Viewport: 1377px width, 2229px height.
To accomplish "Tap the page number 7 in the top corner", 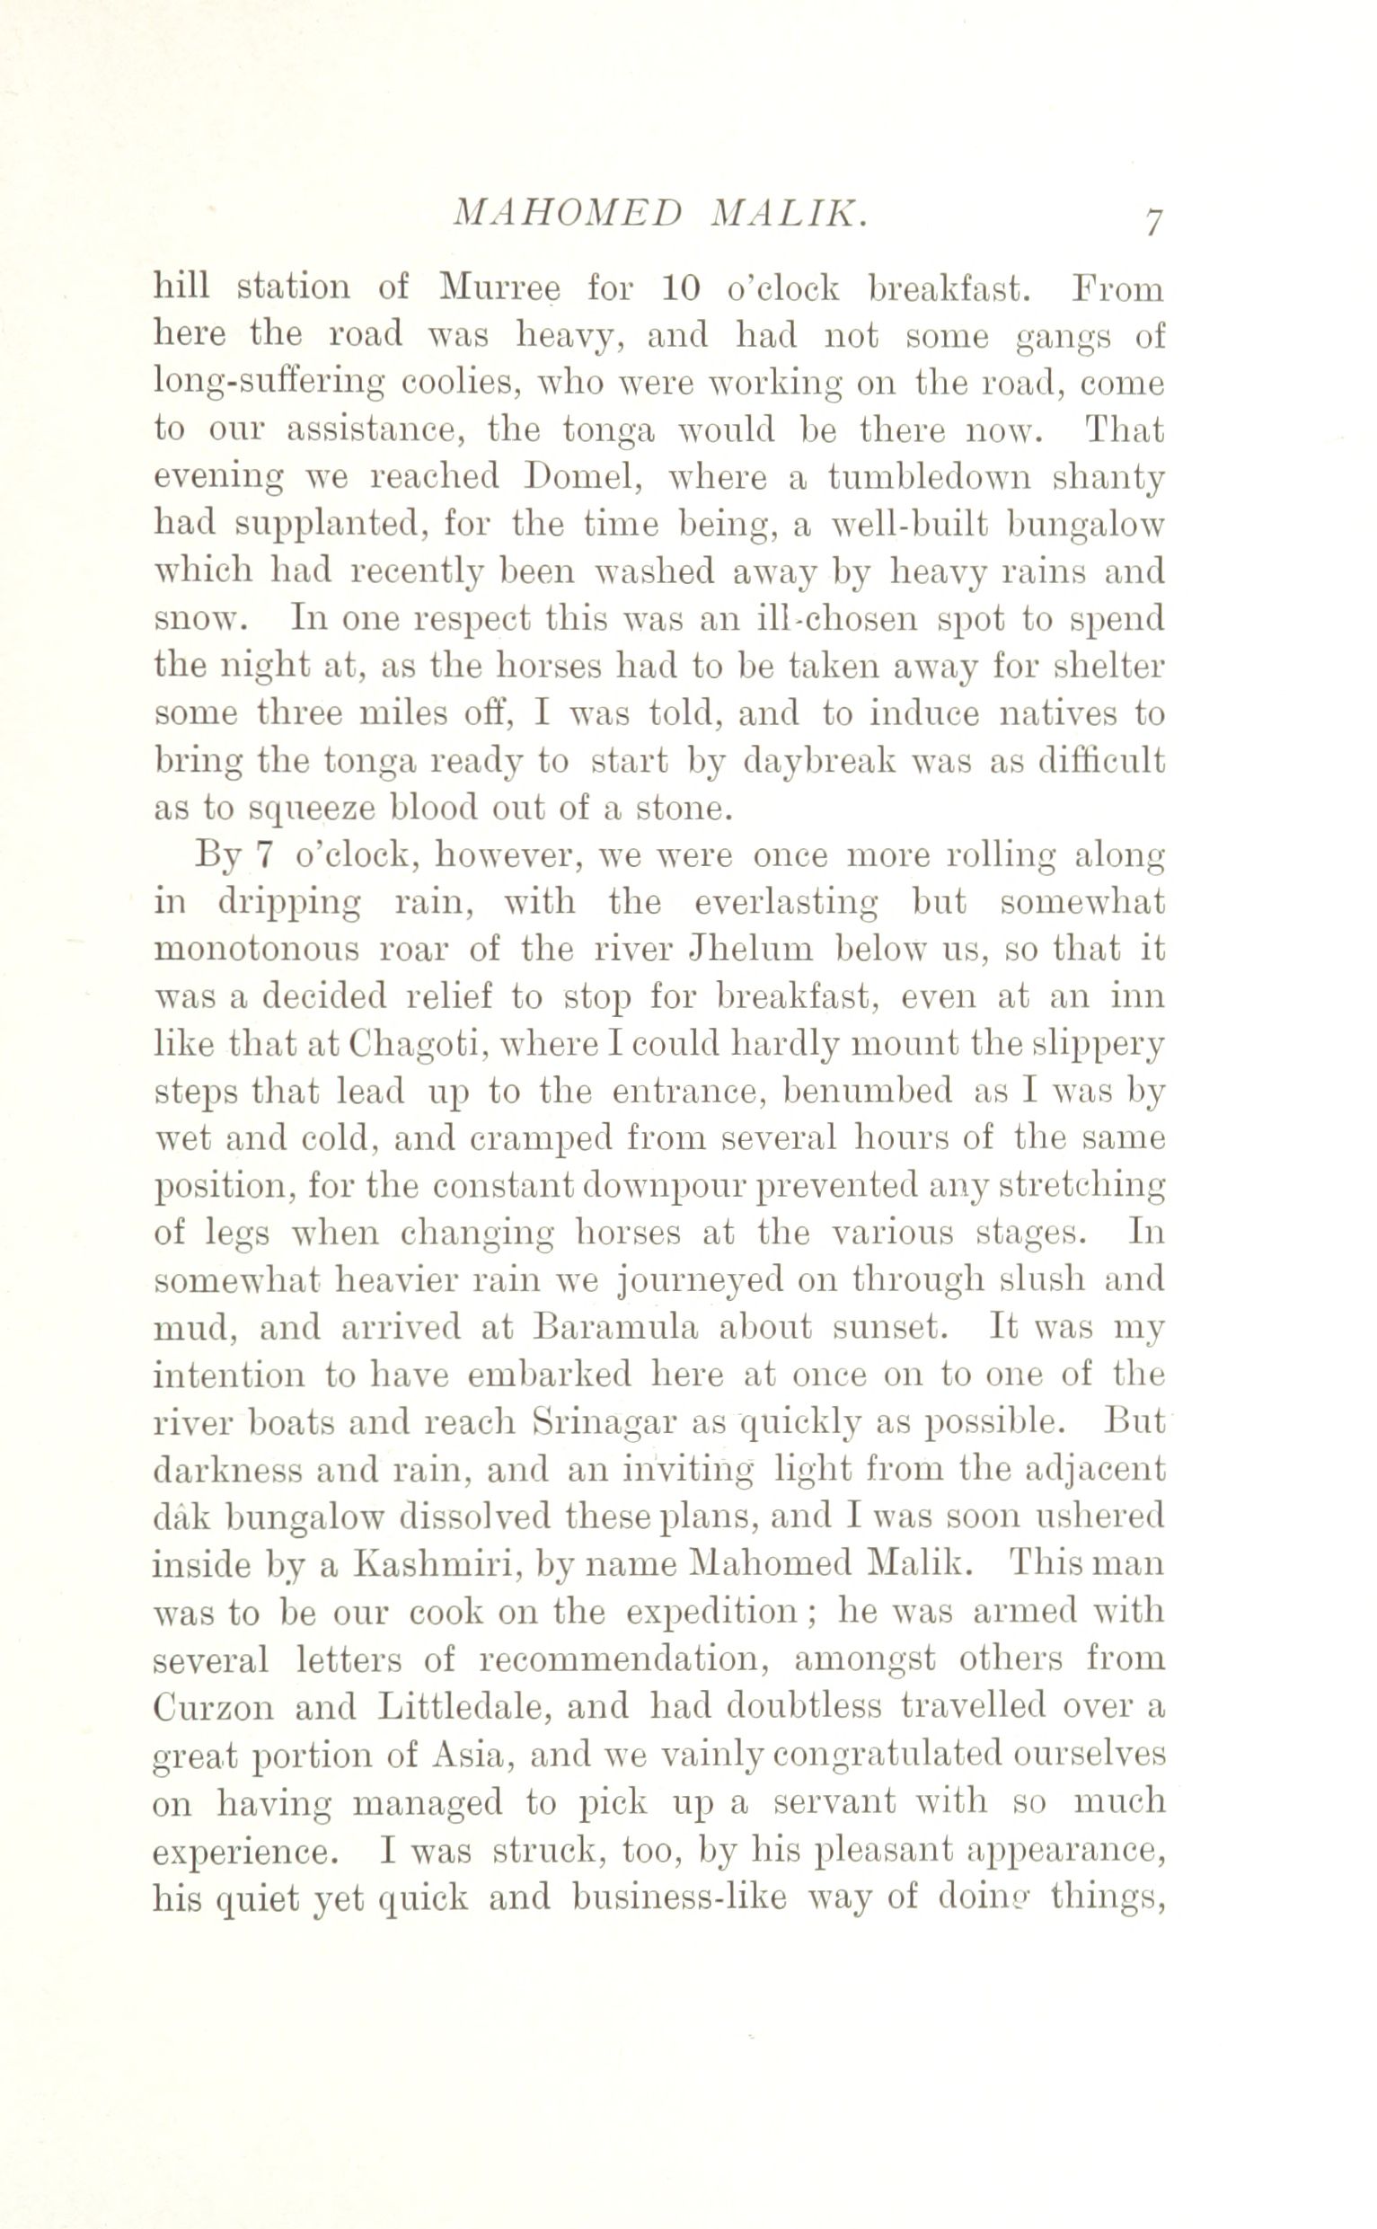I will coord(1153,222).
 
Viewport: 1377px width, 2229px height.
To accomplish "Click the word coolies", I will coord(461,384).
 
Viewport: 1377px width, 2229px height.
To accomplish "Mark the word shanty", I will coord(1108,479).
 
